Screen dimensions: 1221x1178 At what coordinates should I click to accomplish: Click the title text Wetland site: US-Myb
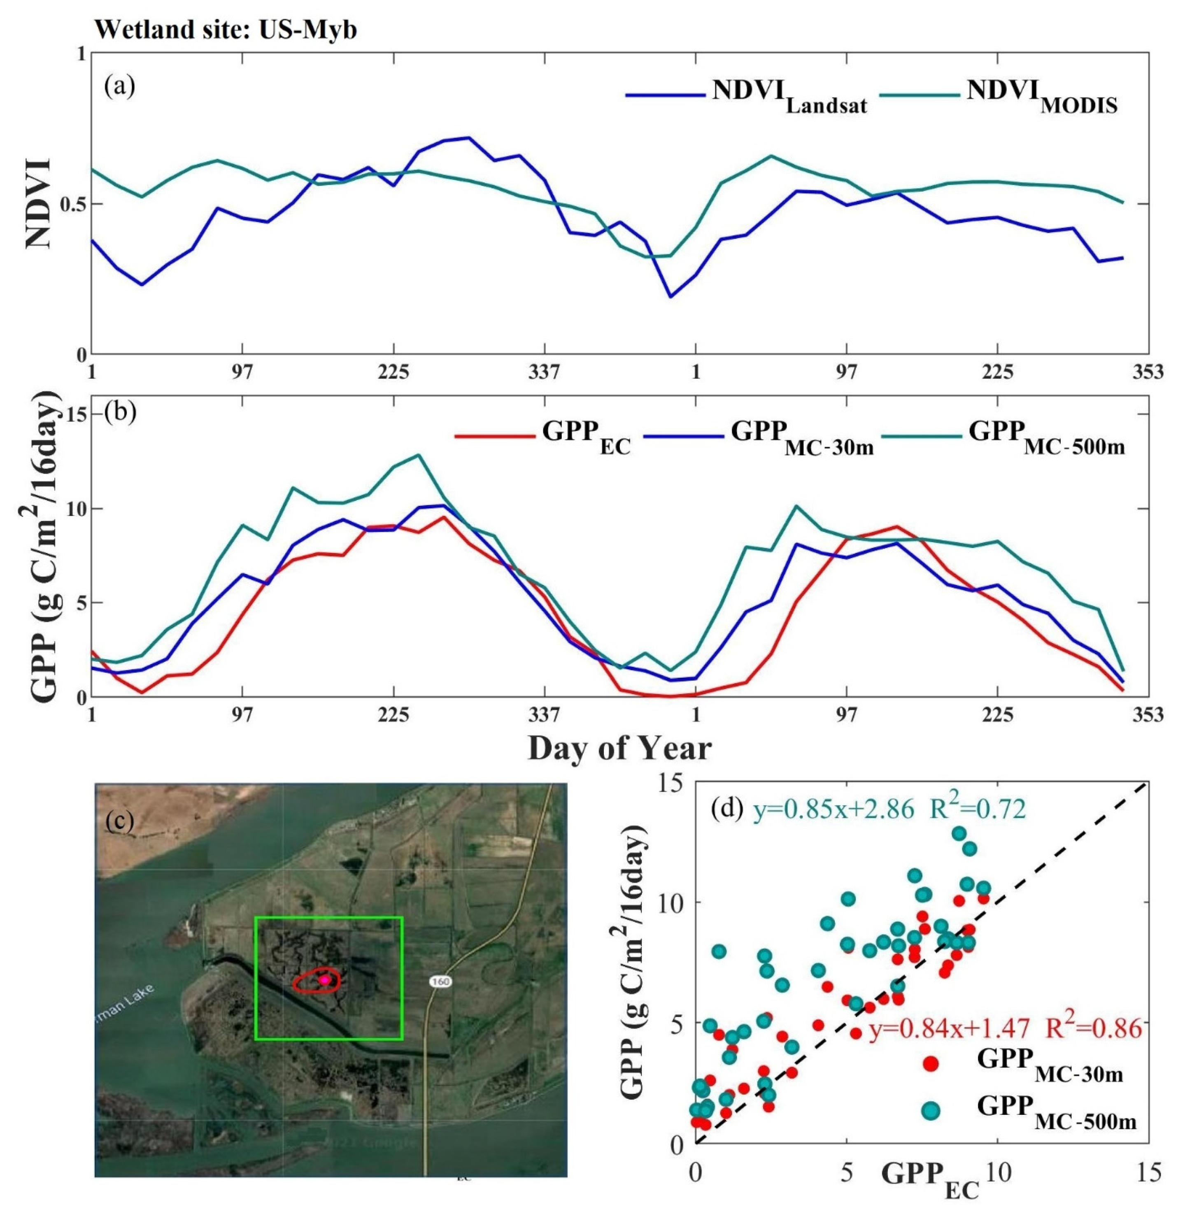[x=226, y=29]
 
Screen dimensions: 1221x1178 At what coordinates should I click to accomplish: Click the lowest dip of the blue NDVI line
[x=670, y=297]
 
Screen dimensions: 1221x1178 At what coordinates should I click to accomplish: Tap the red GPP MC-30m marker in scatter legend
[x=931, y=1064]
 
